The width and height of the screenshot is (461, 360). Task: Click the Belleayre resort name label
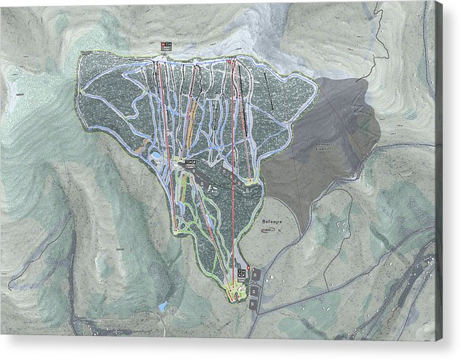(271, 219)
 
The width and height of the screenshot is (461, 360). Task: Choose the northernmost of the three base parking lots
(255, 274)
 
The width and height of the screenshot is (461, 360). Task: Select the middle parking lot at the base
(254, 290)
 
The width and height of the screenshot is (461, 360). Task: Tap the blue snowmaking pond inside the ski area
(156, 155)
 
